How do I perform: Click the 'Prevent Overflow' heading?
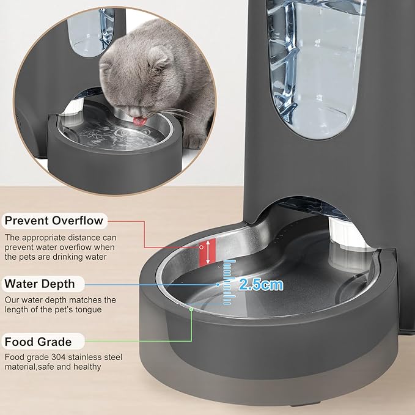[x=54, y=220]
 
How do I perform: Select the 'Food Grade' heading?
[x=37, y=342]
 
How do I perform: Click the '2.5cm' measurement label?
[x=261, y=284]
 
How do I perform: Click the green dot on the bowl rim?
[x=192, y=309]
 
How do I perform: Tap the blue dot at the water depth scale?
[x=218, y=284]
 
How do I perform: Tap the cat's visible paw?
[x=195, y=142]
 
